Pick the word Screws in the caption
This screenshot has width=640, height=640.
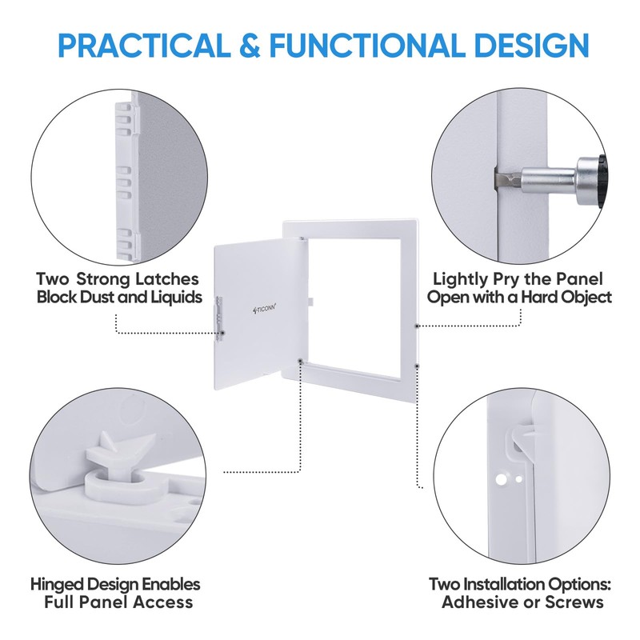click(575, 602)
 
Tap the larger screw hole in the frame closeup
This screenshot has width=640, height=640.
click(502, 478)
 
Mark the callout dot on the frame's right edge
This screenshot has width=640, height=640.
click(418, 326)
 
